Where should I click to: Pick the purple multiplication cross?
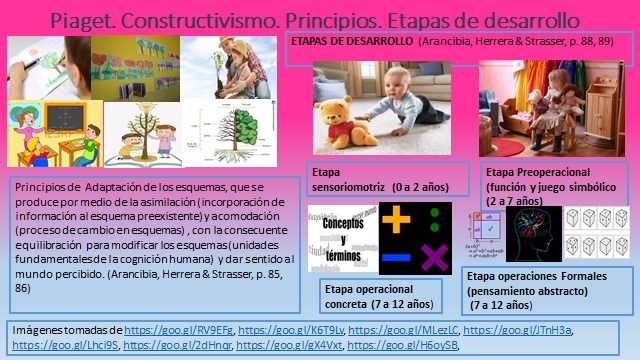pyautogui.click(x=433, y=258)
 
